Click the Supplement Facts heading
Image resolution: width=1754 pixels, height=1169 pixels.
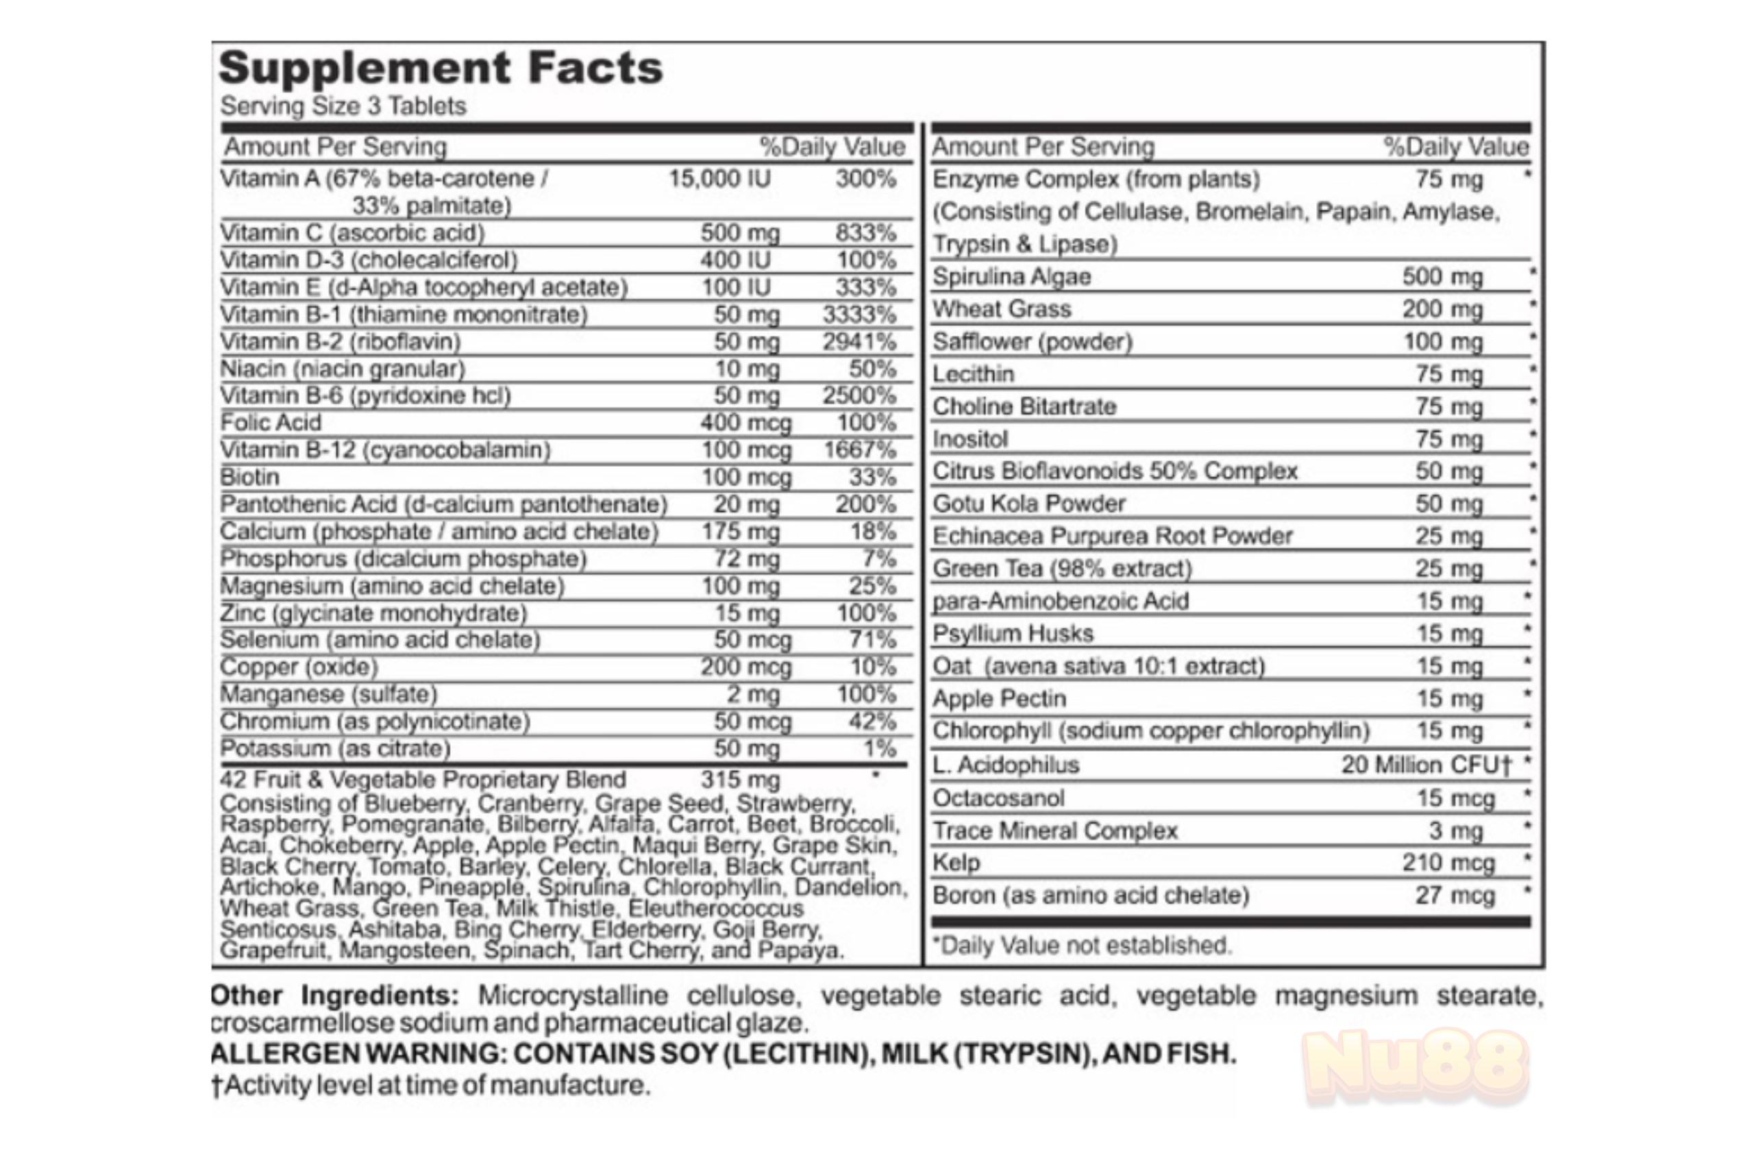[440, 69]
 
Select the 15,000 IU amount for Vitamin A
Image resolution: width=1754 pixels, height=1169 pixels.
[719, 179]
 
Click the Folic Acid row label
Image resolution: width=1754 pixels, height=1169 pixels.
[271, 423]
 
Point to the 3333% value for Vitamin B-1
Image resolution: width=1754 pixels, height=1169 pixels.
[859, 315]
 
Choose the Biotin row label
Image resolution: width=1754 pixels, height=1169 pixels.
[249, 477]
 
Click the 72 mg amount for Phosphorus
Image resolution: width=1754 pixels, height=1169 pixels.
[746, 558]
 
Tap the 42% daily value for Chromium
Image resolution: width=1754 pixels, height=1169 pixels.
[872, 721]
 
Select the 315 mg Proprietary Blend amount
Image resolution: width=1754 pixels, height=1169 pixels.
[739, 780]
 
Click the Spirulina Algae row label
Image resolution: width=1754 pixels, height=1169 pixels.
[1011, 278]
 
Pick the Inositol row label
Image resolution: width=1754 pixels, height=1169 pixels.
[969, 439]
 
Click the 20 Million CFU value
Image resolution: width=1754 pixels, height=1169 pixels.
[1425, 765]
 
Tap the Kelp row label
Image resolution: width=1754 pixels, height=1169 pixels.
[956, 863]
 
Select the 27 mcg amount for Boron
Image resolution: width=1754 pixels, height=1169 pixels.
[1455, 896]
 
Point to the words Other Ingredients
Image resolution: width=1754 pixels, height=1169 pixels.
[334, 996]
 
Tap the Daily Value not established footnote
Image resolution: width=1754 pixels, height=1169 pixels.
[1082, 946]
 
